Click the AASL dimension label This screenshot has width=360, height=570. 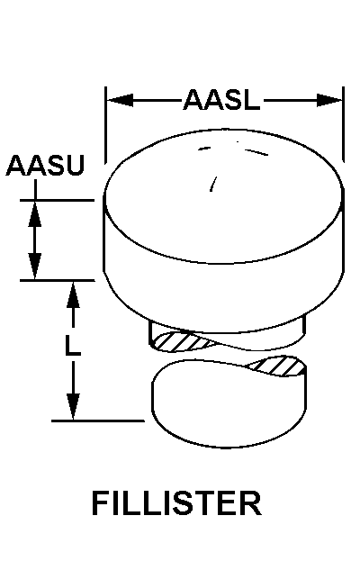click(x=222, y=100)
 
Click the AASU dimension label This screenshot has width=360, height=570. click(x=45, y=166)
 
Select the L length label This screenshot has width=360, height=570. click(x=73, y=345)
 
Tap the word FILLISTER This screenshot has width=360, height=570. click(x=176, y=503)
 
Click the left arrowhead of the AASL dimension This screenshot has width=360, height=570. click(x=120, y=100)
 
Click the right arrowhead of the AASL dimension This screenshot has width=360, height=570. click(x=329, y=100)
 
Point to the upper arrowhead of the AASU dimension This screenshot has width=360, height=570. click(x=35, y=213)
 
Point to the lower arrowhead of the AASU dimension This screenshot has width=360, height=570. click(x=35, y=267)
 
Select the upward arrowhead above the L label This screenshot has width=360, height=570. click(x=73, y=294)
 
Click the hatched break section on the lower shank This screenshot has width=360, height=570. click(x=278, y=366)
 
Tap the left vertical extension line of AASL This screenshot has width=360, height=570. click(x=105, y=125)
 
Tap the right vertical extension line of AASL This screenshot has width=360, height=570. click(x=343, y=124)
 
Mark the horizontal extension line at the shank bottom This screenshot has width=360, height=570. click(x=98, y=421)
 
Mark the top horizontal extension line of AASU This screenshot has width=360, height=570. click(x=57, y=200)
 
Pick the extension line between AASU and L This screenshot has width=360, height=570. click(x=58, y=280)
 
